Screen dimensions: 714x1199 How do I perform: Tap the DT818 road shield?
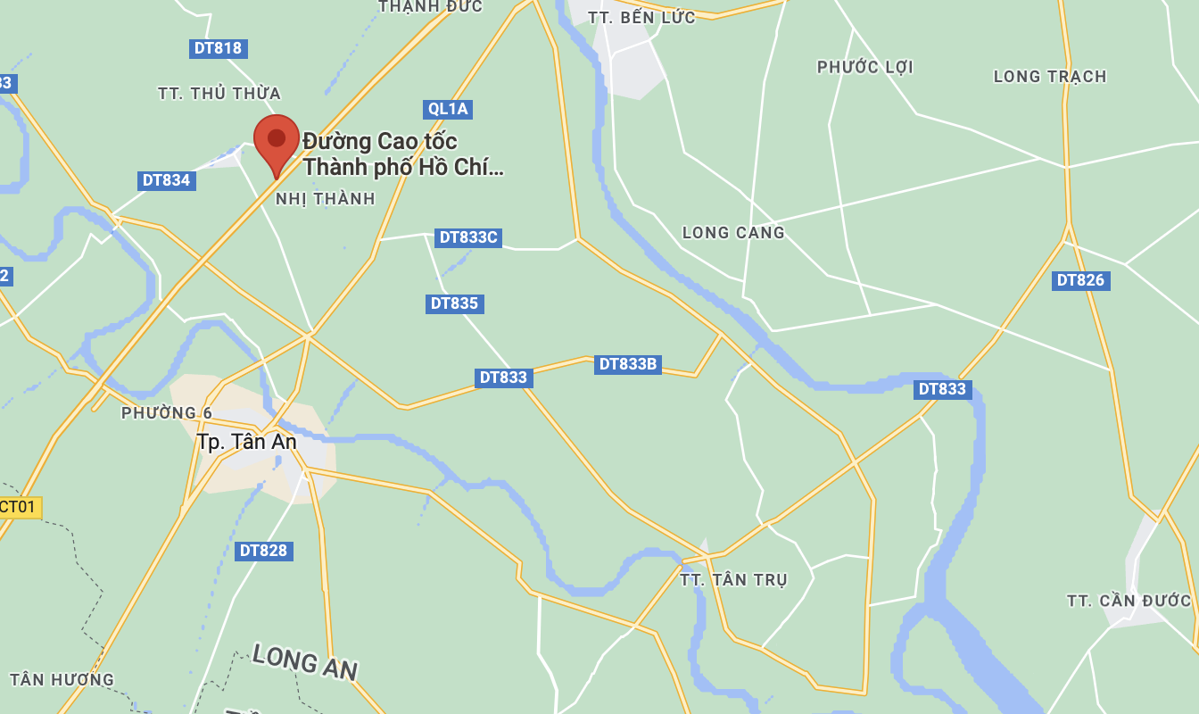218,48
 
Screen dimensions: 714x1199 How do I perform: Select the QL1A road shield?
448,109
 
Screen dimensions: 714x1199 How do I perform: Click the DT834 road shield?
166,180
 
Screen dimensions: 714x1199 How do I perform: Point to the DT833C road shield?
468,237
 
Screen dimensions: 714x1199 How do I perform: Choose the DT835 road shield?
454,303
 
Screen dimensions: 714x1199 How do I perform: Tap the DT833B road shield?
628,364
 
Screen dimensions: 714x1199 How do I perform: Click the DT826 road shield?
1080,280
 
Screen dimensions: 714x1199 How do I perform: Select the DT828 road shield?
263,551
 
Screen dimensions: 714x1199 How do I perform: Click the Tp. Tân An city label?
246,442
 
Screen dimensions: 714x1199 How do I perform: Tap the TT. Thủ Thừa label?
219,94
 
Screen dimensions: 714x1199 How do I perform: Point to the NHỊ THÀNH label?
326,199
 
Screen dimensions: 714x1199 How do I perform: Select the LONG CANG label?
733,233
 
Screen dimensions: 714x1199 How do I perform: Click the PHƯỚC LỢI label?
865,68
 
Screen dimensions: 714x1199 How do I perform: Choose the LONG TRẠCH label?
1050,77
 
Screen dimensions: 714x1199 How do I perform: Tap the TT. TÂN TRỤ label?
733,580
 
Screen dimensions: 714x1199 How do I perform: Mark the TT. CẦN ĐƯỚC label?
1129,601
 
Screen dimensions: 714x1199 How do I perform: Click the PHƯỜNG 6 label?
167,413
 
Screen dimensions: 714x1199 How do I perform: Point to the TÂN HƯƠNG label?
62,680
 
